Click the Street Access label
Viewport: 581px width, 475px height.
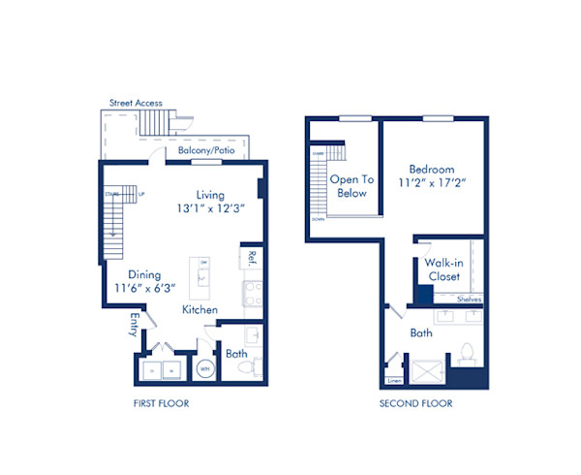point(136,103)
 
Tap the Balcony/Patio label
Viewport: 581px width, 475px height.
point(206,151)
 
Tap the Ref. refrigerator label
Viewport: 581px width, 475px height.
point(251,258)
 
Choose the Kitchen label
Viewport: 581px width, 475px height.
point(199,310)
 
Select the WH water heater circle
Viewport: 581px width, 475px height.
point(205,368)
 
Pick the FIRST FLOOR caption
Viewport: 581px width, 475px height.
point(161,403)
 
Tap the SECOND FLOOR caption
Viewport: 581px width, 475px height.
point(415,403)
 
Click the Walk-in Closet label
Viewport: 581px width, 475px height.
point(443,269)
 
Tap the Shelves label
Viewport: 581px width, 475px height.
point(468,300)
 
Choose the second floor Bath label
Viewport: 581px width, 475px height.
point(420,332)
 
